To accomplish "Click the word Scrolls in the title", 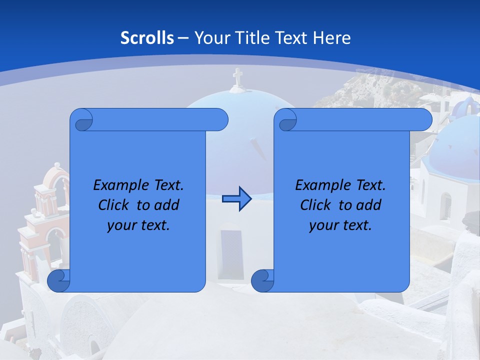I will point(147,38).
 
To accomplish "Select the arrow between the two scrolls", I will point(236,199).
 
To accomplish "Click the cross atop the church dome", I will point(237,78).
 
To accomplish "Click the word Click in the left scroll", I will point(115,205).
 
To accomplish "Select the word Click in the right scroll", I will point(317,205).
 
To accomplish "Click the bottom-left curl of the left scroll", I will point(58,281).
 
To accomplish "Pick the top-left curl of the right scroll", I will point(287,120).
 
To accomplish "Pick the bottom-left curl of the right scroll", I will point(262,281).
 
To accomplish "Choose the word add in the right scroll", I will point(366,205).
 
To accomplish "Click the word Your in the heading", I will point(209,38).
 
